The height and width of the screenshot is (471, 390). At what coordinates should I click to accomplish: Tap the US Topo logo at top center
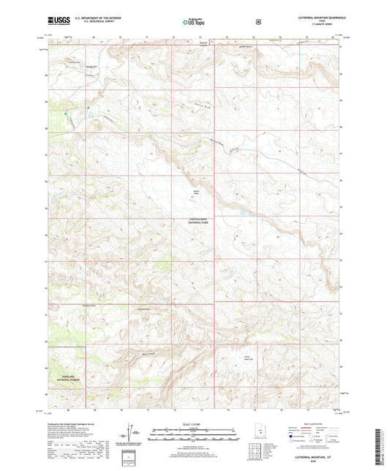194,23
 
